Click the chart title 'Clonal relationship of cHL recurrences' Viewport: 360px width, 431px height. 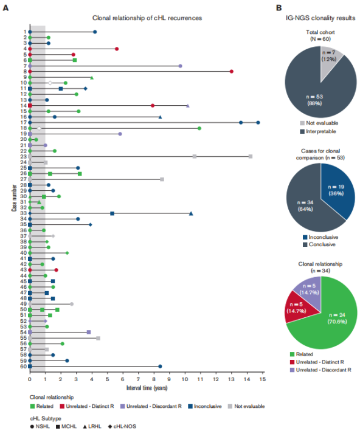coord(147,18)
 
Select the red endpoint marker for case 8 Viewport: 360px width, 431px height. coord(232,72)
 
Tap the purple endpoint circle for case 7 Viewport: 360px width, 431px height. coord(180,66)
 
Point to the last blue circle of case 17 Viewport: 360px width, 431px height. coord(258,123)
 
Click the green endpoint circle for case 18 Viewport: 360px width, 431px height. coord(199,128)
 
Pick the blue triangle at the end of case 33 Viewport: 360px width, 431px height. coord(191,213)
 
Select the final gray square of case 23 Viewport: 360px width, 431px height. coord(251,156)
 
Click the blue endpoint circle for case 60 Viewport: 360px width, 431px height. coord(160,366)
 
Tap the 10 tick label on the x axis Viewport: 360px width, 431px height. coord(185,379)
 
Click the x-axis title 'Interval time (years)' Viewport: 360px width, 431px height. coord(147,388)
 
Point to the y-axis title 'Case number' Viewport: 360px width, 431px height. coord(14,198)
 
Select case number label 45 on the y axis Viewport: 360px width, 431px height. coord(23,281)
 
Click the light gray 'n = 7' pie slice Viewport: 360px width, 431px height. coord(330,58)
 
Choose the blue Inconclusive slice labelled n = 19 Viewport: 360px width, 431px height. coord(337,191)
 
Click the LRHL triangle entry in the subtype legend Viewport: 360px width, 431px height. coord(92,426)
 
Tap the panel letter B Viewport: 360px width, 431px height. coord(279,8)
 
